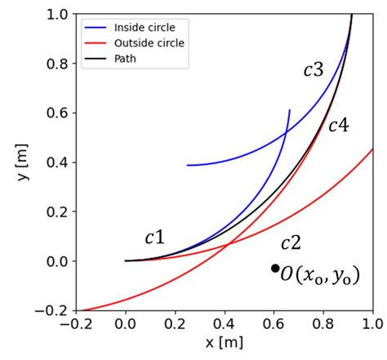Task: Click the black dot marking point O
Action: coord(276,268)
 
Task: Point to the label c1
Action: coord(154,238)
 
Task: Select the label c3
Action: coord(313,70)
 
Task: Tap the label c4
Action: coord(338,126)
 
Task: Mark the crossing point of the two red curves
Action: coord(228,243)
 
